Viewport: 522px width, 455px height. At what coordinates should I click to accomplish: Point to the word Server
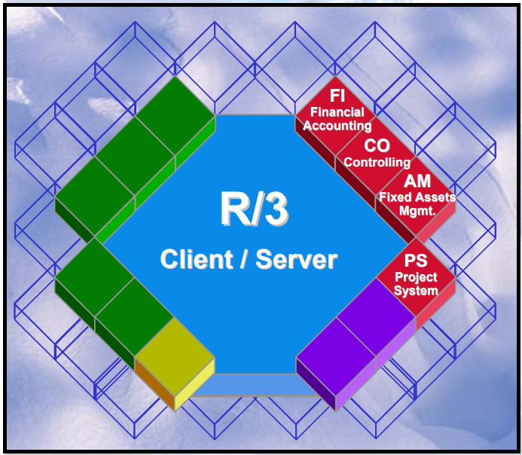coord(296,260)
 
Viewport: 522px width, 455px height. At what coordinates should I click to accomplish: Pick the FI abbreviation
coord(337,96)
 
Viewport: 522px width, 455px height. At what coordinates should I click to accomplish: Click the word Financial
coord(337,112)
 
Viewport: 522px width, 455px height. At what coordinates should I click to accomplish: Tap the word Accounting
coord(337,126)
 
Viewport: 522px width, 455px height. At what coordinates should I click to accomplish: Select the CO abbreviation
coord(377,145)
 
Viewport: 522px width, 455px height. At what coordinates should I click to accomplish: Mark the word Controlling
coord(377,162)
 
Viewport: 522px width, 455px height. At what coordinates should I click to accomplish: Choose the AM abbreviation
coord(417,181)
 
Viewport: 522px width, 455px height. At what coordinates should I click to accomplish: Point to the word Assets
coord(435,197)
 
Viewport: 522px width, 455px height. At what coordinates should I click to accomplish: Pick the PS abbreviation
coord(417,261)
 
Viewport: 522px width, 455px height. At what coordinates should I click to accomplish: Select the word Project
coord(417,277)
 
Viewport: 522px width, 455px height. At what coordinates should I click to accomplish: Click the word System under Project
coord(417,291)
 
